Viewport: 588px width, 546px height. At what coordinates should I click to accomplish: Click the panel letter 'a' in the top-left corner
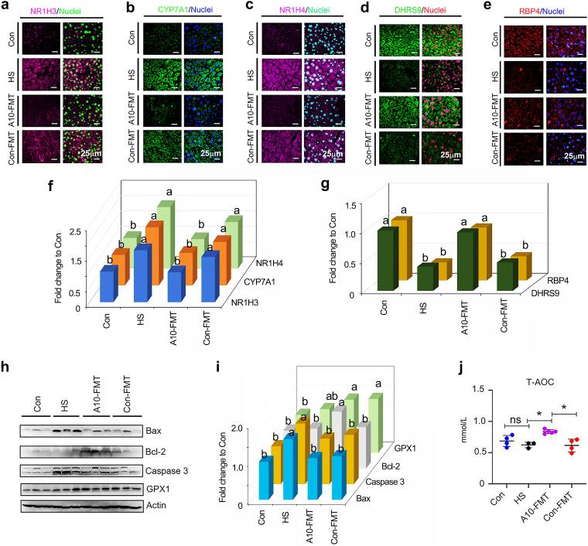(6, 7)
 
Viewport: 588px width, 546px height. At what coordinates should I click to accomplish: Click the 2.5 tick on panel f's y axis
(85, 230)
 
